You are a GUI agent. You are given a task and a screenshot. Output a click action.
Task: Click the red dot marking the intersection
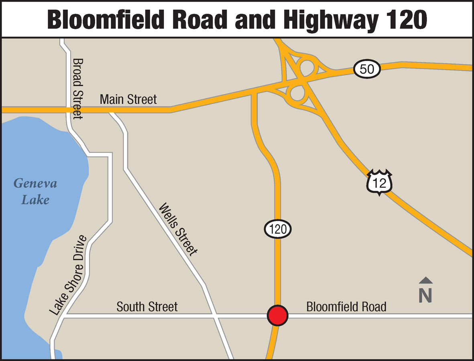[x=278, y=315]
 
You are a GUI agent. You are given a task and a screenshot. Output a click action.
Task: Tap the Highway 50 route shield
[x=367, y=69]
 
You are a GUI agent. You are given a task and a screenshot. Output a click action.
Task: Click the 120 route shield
[x=277, y=229]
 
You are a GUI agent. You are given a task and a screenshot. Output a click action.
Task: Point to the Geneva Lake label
[x=35, y=191]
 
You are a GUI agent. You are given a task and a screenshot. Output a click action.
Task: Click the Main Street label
[x=128, y=99]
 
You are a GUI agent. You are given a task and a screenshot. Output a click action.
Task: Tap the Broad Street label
[x=77, y=88]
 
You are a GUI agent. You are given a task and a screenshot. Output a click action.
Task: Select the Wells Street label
[x=179, y=229]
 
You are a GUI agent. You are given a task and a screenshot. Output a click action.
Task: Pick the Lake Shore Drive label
[x=68, y=275]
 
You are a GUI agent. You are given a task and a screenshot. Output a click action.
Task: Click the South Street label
[x=147, y=307]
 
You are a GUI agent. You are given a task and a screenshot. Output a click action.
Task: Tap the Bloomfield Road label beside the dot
[x=346, y=307]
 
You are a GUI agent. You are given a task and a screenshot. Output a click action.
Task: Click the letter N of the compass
[x=425, y=296]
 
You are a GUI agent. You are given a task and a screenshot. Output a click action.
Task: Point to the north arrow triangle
[x=425, y=280]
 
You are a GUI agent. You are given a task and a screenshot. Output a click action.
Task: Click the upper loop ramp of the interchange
[x=307, y=68]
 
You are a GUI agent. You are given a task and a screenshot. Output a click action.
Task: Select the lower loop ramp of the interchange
[x=297, y=94]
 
